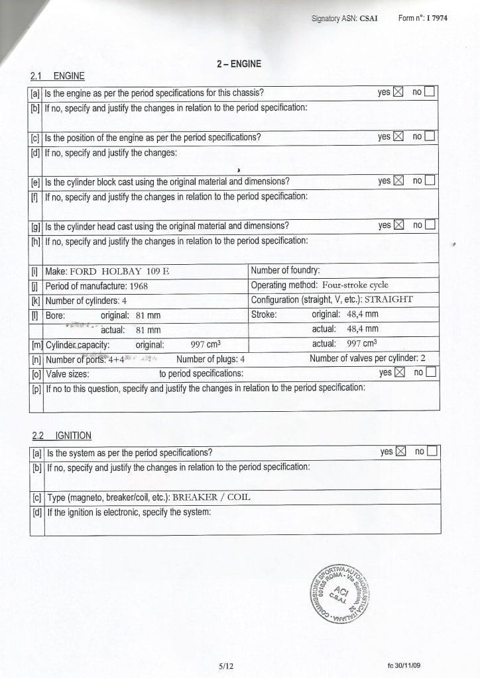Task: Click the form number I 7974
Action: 434,19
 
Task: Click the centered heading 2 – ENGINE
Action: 239,64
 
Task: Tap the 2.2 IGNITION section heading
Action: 62,435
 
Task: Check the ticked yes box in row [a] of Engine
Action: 398,92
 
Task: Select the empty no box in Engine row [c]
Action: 430,137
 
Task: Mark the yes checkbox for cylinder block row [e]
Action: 398,180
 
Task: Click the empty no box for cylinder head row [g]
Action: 430,225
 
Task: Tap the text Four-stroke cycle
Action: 355,285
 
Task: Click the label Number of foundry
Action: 285,270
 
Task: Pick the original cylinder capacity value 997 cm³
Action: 206,344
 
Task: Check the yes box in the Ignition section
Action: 400,452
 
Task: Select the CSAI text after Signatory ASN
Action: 368,19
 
